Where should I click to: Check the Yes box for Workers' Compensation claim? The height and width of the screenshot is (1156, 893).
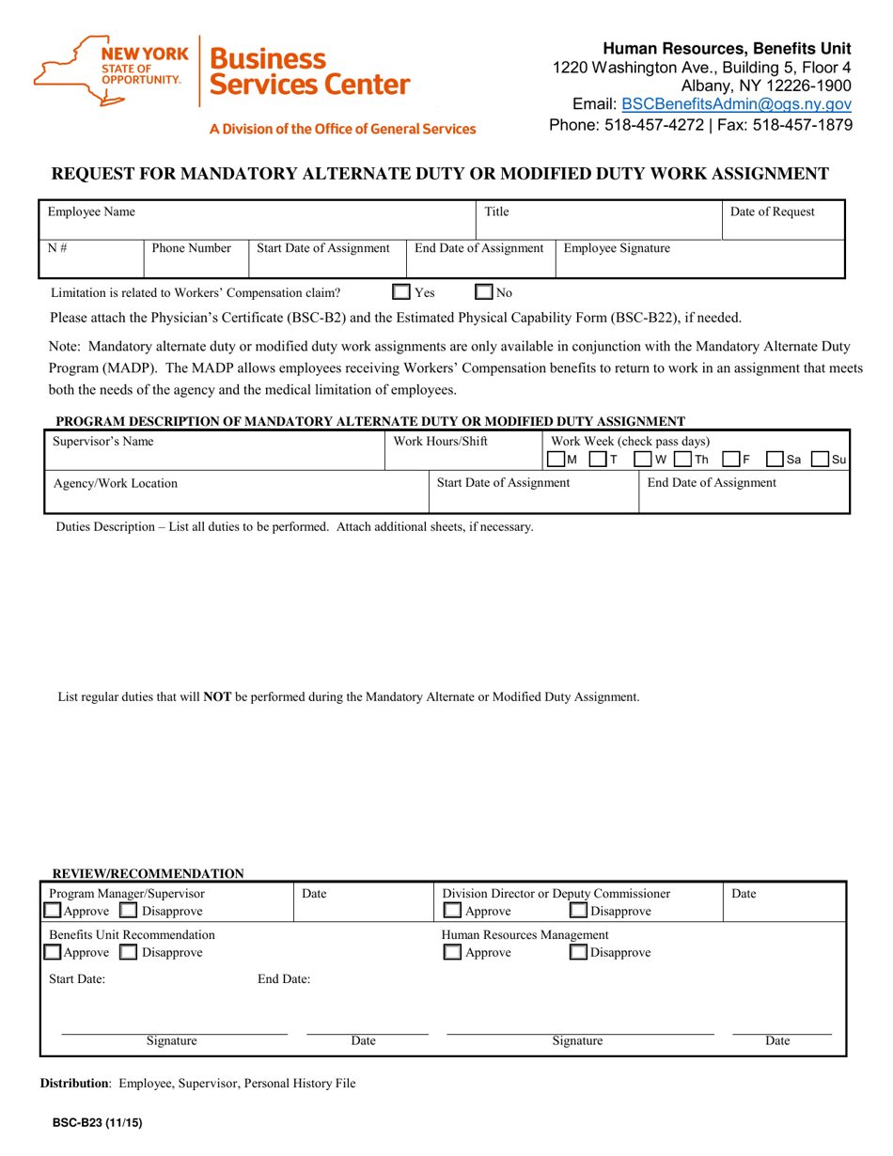401,292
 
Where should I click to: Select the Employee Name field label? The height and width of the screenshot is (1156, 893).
91,212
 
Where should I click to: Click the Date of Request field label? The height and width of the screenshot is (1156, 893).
772,212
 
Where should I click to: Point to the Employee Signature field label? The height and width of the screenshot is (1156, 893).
616,248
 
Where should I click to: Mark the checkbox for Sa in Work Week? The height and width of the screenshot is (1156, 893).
775,459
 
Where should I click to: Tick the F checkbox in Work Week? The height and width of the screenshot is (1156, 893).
730,459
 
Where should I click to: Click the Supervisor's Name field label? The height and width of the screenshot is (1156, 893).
103,441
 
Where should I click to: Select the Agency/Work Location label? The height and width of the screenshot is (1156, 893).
115,483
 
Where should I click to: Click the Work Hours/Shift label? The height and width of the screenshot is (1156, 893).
440,441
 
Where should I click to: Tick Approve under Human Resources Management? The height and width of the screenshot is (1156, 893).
452,953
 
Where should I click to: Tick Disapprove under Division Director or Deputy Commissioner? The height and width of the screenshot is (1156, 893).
579,912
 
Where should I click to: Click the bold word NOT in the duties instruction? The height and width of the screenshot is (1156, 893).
217,697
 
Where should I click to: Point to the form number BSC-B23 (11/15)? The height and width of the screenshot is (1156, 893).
91,1121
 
